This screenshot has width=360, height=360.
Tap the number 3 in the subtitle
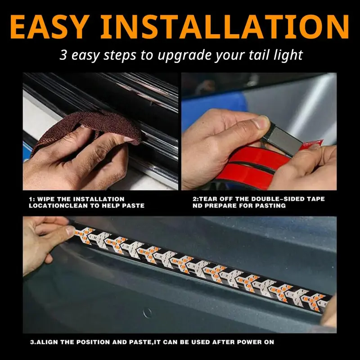click(x=63, y=55)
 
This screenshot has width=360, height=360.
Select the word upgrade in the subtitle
click(x=194, y=55)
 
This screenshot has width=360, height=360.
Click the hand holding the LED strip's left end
click(x=43, y=243)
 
